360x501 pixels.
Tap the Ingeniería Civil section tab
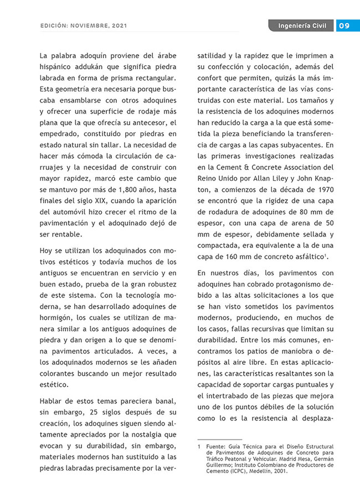pos(302,26)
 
